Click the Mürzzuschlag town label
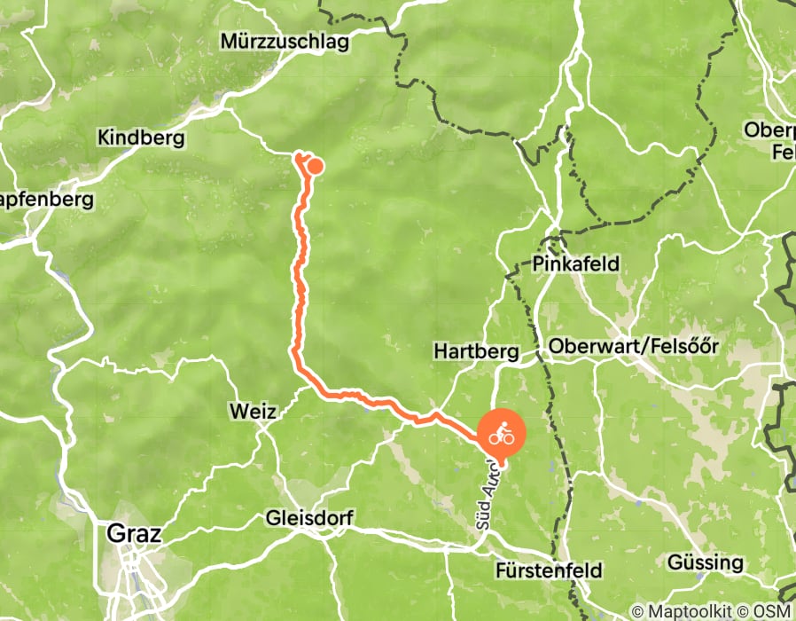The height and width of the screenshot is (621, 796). tap(285, 42)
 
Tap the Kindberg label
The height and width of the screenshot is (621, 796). tap(141, 138)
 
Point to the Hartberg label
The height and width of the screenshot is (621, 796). tap(475, 351)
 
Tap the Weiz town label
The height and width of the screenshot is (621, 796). tap(252, 412)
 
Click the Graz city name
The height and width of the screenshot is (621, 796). tap(127, 534)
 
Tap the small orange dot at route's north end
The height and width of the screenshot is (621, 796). tap(314, 165)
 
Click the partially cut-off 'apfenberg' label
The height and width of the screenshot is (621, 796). tap(46, 200)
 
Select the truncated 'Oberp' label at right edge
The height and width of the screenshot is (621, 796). tap(769, 130)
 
